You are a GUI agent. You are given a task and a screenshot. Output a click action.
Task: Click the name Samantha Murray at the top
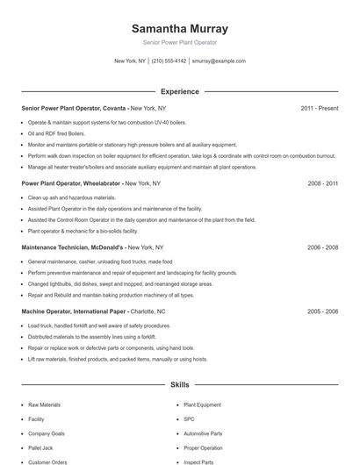coord(179,28)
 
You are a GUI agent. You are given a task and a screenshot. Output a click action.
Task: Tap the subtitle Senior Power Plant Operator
coord(179,42)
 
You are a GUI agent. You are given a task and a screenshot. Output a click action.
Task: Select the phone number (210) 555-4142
coord(169,61)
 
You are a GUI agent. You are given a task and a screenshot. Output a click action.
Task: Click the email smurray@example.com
coord(219,61)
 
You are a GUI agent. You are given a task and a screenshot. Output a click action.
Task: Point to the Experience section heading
coord(179,91)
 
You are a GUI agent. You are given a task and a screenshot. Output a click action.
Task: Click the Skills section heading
coord(179,384)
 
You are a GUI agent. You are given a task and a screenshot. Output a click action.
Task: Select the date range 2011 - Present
coord(319,109)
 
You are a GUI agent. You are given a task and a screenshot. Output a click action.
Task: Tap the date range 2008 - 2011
coord(322,184)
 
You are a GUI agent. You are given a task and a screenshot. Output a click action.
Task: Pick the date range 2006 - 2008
coord(322,248)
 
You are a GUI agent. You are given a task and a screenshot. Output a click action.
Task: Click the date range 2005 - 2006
coord(322,311)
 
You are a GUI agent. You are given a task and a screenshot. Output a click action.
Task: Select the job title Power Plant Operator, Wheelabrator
coord(71,184)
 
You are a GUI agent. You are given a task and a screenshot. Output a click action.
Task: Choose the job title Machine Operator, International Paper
coord(75,311)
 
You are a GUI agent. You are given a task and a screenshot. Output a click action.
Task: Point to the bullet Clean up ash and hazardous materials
coord(72,197)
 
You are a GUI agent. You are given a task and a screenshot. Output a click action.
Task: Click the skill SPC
coord(189,419)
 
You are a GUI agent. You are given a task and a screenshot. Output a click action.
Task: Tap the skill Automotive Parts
coord(203,433)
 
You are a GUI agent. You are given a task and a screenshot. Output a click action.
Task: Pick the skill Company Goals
coord(47,433)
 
